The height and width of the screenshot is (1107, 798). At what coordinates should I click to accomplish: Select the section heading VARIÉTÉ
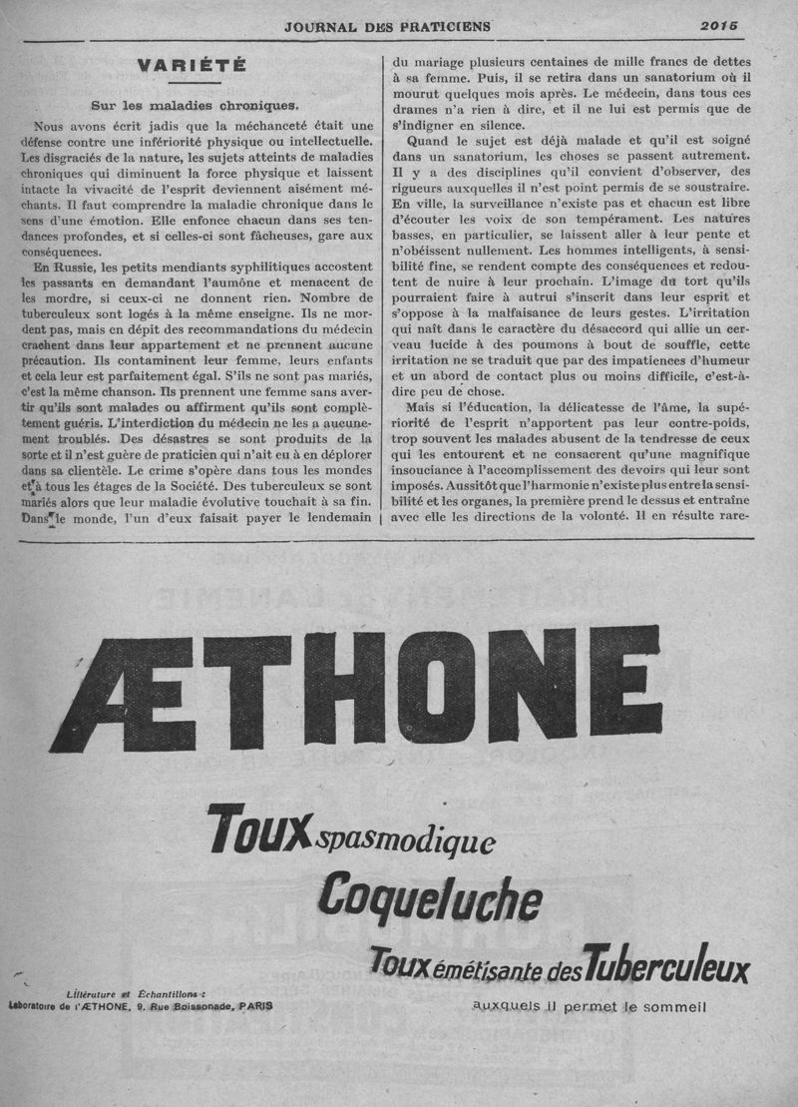[x=194, y=68]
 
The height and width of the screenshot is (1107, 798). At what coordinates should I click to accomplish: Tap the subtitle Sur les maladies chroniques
[x=194, y=105]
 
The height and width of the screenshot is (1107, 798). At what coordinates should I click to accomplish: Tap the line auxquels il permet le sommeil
[x=590, y=1006]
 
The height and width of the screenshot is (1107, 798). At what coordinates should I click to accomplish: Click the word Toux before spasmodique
[x=257, y=828]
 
